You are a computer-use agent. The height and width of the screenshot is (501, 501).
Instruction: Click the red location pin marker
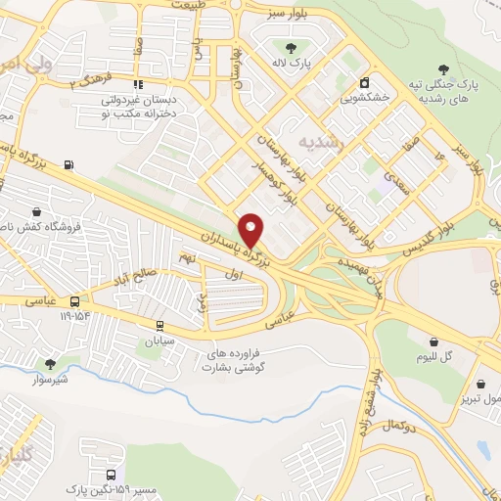tap(251, 230)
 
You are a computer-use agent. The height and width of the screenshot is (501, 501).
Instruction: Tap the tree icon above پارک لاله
tap(291, 47)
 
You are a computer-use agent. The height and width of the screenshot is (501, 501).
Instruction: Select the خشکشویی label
tap(364, 98)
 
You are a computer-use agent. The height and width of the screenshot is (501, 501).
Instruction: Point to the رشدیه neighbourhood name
tap(322, 143)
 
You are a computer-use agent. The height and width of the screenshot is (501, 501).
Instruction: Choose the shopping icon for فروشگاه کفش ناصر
tap(36, 210)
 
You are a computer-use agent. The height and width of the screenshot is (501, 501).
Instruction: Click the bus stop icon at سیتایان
tap(159, 326)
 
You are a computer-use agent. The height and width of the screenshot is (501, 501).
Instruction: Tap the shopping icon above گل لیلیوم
tap(433, 341)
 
